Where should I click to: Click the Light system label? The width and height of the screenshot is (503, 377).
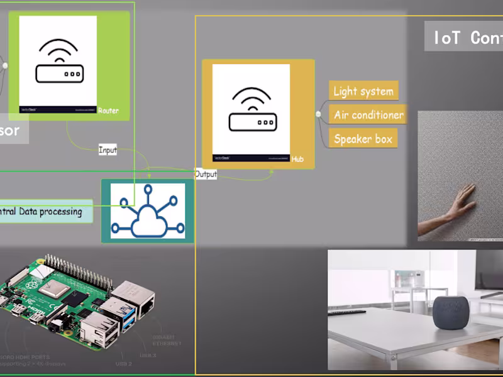[363, 91]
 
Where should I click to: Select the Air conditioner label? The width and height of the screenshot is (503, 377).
[368, 115]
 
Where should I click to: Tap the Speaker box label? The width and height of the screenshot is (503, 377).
[363, 139]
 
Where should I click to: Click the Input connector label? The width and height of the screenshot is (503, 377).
[108, 150]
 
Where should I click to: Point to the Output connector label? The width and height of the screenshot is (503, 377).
[206, 174]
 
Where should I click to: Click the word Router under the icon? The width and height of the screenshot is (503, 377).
[108, 111]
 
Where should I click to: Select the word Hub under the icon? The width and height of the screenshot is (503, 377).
[297, 160]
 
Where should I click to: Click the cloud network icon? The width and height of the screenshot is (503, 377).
[148, 211]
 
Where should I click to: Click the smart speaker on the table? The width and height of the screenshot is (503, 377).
[451, 312]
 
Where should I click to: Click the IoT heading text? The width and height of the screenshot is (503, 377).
[465, 38]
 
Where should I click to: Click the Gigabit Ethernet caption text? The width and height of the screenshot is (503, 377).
[167, 340]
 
